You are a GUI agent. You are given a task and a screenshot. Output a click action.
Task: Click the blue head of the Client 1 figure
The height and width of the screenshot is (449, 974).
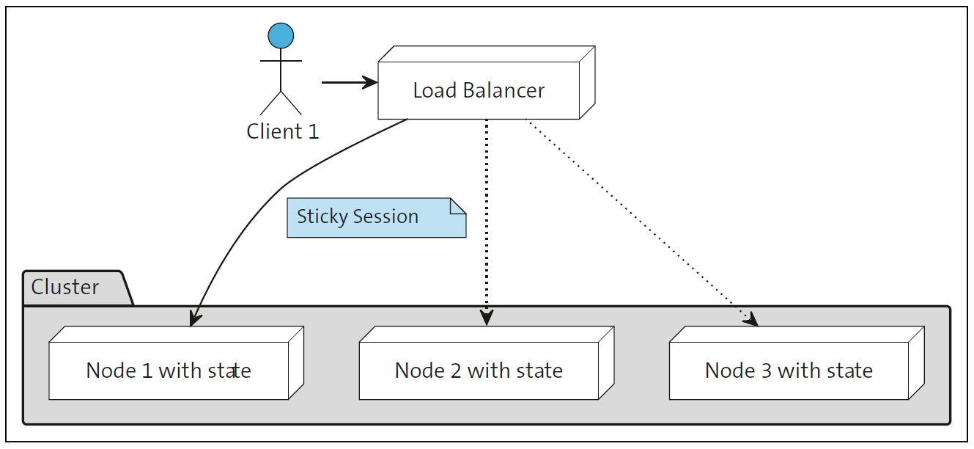click(x=281, y=35)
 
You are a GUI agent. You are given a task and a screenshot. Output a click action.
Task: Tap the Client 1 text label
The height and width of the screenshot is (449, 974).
click(x=283, y=132)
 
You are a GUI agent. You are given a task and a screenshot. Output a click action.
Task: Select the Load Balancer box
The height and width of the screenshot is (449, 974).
click(x=479, y=90)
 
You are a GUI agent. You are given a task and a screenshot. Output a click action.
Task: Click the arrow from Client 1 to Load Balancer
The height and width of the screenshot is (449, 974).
click(x=349, y=83)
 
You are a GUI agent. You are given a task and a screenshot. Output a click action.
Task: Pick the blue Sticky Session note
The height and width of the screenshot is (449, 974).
click(x=375, y=218)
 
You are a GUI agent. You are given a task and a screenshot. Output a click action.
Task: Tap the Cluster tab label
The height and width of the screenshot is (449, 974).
click(x=65, y=287)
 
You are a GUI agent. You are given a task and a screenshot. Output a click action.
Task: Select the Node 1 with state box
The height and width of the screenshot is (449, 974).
click(x=169, y=370)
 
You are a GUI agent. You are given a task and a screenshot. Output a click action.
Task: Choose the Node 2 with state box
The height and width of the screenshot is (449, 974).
click(x=479, y=370)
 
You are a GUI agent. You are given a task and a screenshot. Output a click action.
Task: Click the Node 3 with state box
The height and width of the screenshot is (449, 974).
click(x=789, y=370)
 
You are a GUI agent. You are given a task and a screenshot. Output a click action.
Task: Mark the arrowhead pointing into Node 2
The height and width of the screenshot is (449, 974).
click(x=487, y=318)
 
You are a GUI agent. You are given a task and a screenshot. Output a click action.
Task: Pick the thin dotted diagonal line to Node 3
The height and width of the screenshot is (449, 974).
click(x=638, y=220)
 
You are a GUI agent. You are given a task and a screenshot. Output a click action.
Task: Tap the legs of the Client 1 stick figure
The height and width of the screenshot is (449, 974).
click(x=281, y=103)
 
